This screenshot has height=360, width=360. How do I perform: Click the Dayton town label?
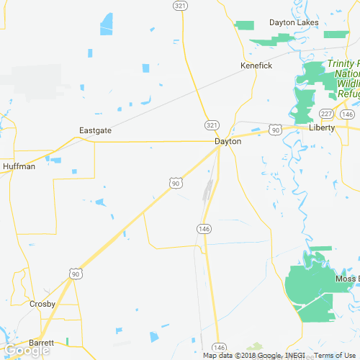click(228, 142)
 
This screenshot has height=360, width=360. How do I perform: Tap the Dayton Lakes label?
click(293, 22)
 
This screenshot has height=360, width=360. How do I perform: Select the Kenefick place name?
click(256, 66)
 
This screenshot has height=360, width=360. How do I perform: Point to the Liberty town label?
click(321, 127)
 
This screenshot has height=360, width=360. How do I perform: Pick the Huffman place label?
click(19, 166)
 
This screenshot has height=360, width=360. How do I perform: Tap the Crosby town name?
click(42, 304)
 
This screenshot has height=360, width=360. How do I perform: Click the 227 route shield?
click(326, 114)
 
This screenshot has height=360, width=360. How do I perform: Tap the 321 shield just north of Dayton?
click(210, 125)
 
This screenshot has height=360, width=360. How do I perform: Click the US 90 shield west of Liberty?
click(275, 129)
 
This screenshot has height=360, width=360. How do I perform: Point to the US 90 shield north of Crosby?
click(76, 273)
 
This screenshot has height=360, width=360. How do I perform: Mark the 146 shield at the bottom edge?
click(220, 347)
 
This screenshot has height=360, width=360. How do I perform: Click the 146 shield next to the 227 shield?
click(347, 114)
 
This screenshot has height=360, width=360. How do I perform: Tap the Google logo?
click(26, 351)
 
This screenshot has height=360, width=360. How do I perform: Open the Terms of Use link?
click(333, 356)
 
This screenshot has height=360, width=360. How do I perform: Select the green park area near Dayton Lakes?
click(246, 24)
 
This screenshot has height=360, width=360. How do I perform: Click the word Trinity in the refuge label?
click(341, 63)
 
